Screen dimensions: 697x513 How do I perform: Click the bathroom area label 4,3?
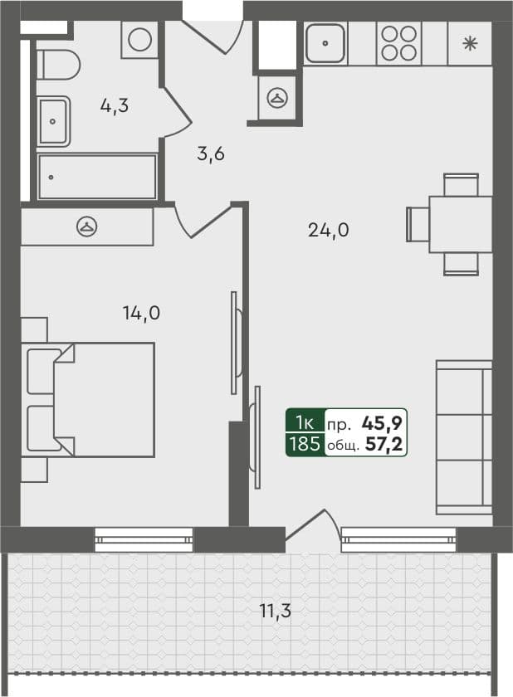114,106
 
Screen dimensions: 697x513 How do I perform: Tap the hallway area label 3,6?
211,154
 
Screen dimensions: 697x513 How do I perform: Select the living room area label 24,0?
328,232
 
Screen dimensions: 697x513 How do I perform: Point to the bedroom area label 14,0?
141,313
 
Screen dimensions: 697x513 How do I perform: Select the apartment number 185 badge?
304,444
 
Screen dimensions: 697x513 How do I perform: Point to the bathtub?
96,177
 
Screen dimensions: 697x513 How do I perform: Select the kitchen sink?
325,43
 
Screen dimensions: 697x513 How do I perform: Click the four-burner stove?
397,43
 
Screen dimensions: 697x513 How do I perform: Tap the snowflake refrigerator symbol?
470,43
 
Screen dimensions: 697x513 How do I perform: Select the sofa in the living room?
464,436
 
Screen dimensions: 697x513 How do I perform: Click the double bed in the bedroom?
95,400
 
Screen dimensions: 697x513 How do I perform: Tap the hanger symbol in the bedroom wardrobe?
86,227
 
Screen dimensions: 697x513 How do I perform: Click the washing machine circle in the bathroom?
140,40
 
